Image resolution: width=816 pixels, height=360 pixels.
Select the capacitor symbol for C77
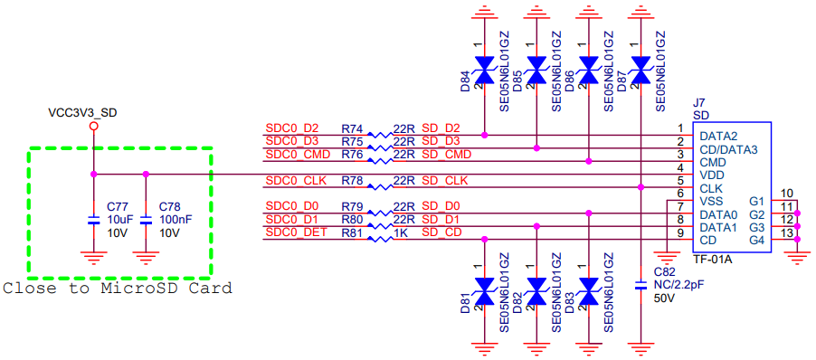[94, 220]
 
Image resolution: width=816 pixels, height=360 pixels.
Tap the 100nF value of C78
[176, 220]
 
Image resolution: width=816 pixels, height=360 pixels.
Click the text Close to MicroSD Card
[117, 289]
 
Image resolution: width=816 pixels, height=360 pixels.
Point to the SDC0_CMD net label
[298, 154]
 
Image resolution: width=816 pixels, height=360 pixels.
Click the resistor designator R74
[353, 128]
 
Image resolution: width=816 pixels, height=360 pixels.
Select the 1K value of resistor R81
[400, 232]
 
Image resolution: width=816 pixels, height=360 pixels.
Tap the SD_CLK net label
[444, 181]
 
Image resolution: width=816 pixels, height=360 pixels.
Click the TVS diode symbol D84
[485, 71]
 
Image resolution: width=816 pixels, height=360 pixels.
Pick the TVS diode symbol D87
[640, 71]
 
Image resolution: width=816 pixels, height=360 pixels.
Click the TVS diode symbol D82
[536, 292]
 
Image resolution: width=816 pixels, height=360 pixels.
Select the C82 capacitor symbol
[640, 285]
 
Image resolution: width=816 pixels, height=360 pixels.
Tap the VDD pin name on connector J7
[711, 175]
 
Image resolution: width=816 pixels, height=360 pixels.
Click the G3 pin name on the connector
[756, 227]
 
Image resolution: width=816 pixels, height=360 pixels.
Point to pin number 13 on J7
[786, 232]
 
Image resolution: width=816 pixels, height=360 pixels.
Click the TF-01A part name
[713, 259]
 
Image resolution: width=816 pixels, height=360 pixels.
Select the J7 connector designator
[699, 104]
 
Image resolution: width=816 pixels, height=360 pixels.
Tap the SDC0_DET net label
[297, 232]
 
